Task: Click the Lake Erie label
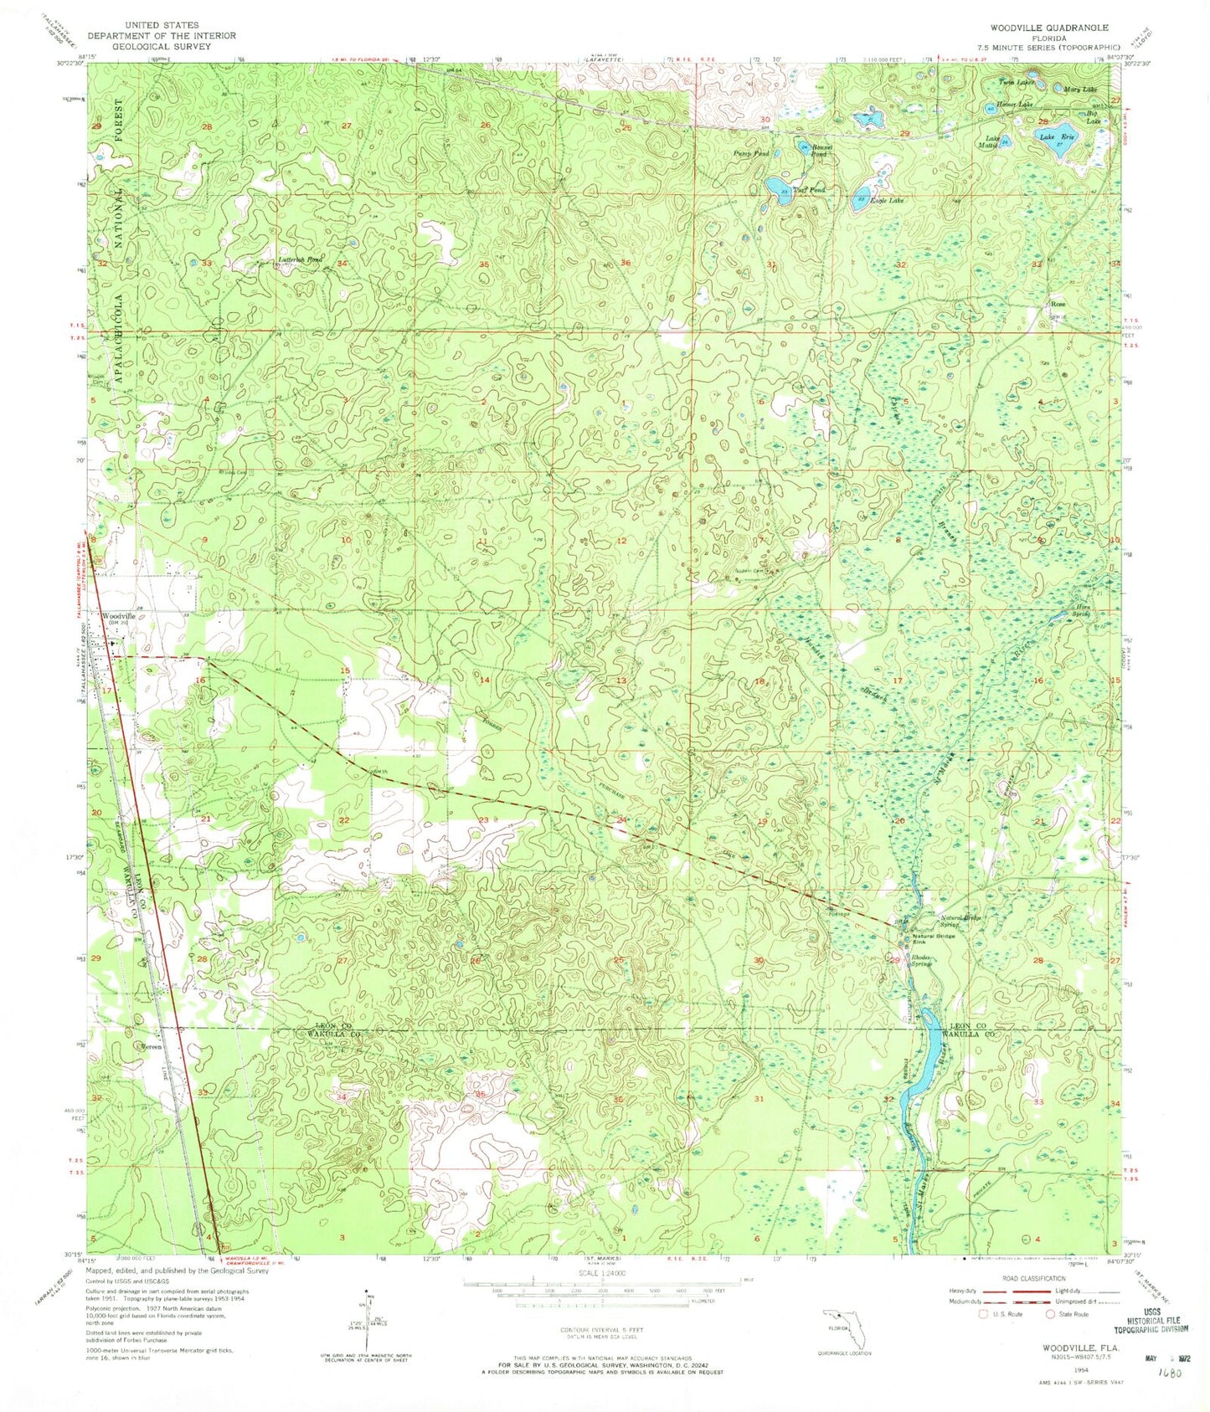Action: [1056, 136]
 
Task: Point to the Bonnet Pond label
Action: [817, 151]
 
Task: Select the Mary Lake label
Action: [1079, 89]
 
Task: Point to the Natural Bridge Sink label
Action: [934, 939]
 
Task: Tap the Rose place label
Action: [1058, 305]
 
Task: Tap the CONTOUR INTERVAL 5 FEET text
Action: [599, 1329]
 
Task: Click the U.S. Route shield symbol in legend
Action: [984, 1313]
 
